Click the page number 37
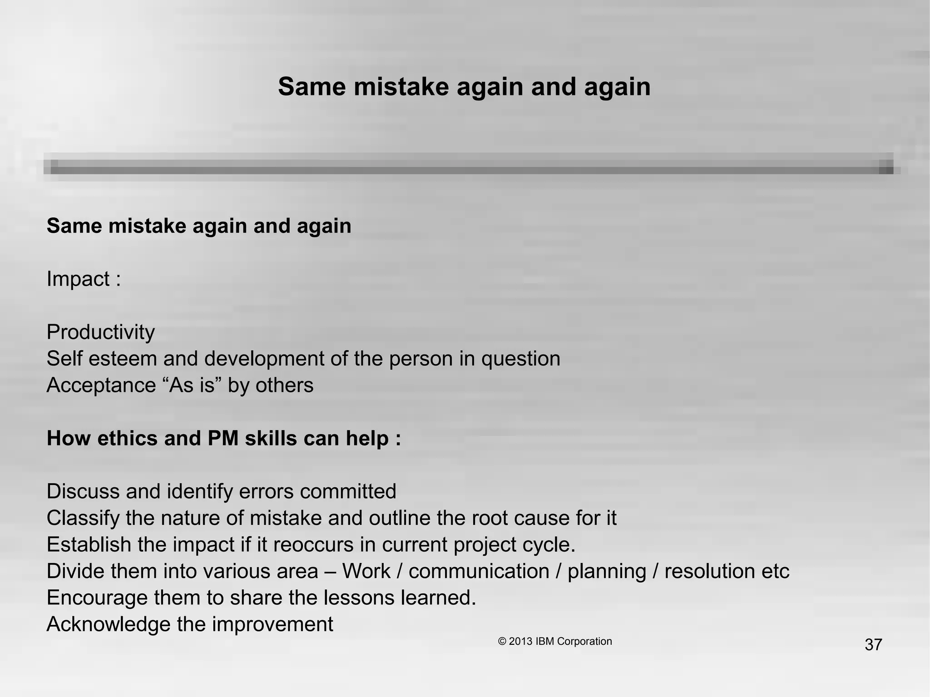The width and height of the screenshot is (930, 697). (x=873, y=645)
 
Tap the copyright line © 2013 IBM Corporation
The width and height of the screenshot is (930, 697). (x=555, y=641)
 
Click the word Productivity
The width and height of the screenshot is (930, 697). (x=100, y=332)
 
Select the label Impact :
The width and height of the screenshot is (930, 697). (x=84, y=279)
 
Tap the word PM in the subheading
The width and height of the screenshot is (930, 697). (x=223, y=439)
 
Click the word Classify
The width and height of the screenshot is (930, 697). (x=83, y=519)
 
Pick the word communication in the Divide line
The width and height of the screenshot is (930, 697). (x=479, y=571)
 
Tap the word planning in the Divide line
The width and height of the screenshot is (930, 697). (x=607, y=572)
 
